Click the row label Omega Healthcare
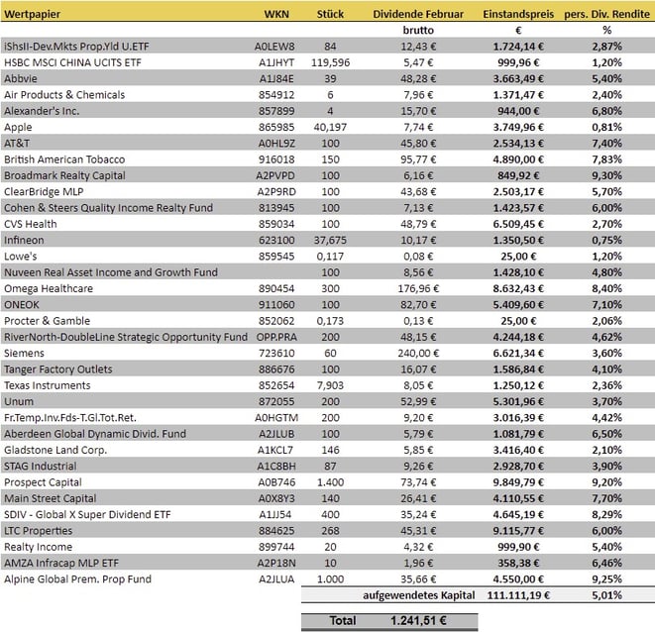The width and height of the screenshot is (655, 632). point(50,286)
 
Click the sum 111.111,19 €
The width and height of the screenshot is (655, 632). point(515,594)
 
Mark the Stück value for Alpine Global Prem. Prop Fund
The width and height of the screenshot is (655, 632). point(328,579)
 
